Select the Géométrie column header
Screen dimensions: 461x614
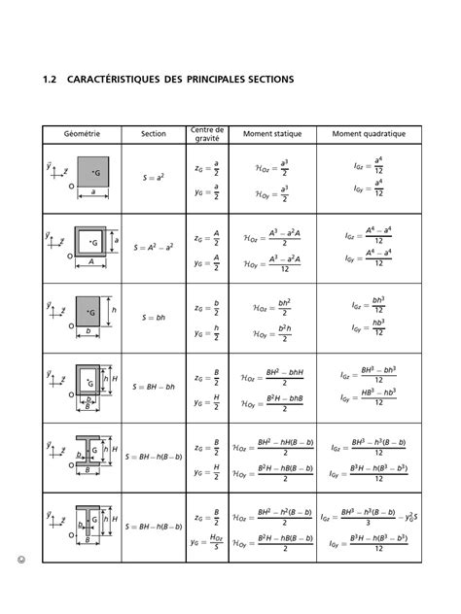pyautogui.click(x=87, y=134)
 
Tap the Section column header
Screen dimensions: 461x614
pyautogui.click(x=154, y=134)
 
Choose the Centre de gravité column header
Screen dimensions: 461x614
pyautogui.click(x=206, y=133)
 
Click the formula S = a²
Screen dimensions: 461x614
pyautogui.click(x=154, y=179)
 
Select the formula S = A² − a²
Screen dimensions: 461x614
pyautogui.click(x=154, y=248)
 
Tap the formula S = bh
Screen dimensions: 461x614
pyautogui.click(x=154, y=318)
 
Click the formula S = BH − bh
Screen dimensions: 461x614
pyautogui.click(x=154, y=386)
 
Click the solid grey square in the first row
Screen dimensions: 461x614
pyautogui.click(x=93, y=171)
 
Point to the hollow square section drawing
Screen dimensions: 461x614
pyautogui.click(x=91, y=241)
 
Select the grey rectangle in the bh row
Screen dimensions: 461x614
pyautogui.click(x=89, y=311)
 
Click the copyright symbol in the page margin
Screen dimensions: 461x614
pyautogui.click(x=20, y=561)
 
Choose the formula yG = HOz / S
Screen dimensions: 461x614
pyautogui.click(x=206, y=545)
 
